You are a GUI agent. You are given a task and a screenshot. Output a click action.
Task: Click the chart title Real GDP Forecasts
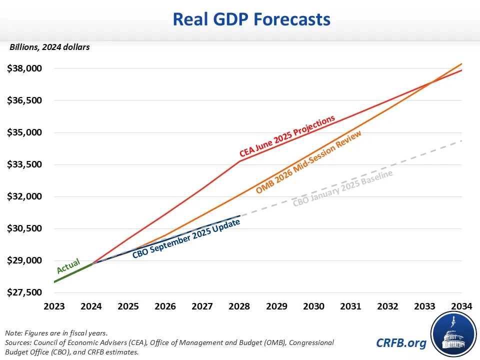point(251,19)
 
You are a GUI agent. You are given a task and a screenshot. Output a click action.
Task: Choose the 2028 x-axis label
point(240,306)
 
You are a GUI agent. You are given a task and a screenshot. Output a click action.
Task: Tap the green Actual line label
point(68,266)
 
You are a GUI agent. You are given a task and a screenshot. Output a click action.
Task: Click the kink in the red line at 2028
point(240,161)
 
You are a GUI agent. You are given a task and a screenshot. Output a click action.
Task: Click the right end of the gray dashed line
point(461,140)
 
